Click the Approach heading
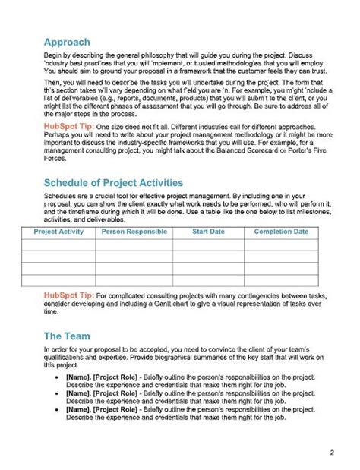point(67,43)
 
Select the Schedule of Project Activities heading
point(112,183)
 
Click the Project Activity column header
point(59,232)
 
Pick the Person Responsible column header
point(133,232)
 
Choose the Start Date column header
point(207,232)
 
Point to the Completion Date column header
point(281,232)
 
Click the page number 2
point(332,453)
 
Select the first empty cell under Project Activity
point(59,244)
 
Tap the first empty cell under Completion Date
point(281,244)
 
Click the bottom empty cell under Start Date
point(207,279)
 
